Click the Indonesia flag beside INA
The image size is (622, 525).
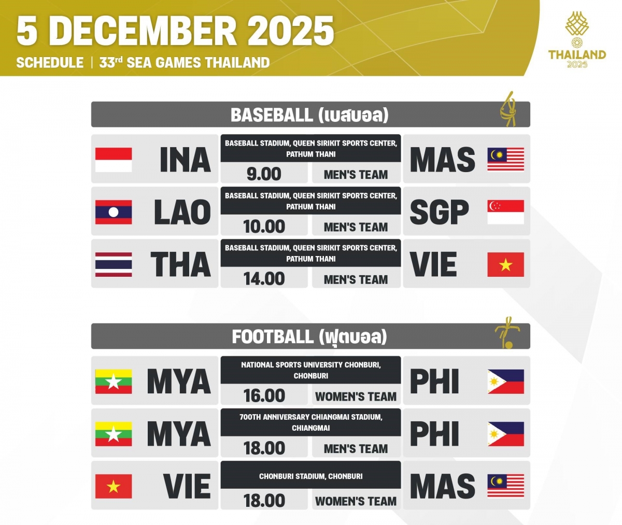[114, 160]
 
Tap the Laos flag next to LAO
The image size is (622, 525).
[114, 212]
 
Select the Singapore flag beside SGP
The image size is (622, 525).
[505, 212]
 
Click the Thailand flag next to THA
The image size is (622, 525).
[114, 264]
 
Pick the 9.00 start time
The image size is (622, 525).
[264, 174]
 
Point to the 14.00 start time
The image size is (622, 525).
[264, 279]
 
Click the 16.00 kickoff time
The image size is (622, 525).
[264, 396]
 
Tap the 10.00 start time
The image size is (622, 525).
[264, 226]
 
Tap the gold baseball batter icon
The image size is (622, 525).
[508, 109]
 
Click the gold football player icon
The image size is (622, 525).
[504, 332]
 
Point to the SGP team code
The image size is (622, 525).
[439, 212]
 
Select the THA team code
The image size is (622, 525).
[181, 264]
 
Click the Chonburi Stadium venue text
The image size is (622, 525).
[310, 476]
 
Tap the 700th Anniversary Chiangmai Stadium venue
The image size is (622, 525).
[310, 422]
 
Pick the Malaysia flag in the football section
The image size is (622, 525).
[505, 486]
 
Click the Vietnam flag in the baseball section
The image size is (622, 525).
[505, 264]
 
